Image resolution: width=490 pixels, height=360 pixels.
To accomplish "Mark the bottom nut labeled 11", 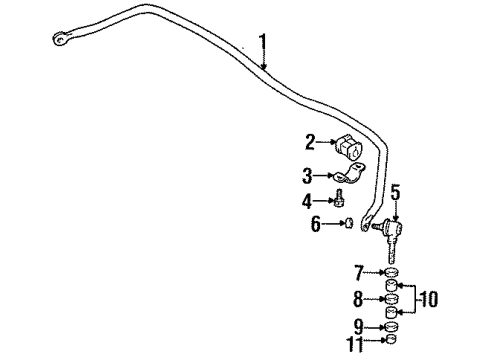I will point(391,343).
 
